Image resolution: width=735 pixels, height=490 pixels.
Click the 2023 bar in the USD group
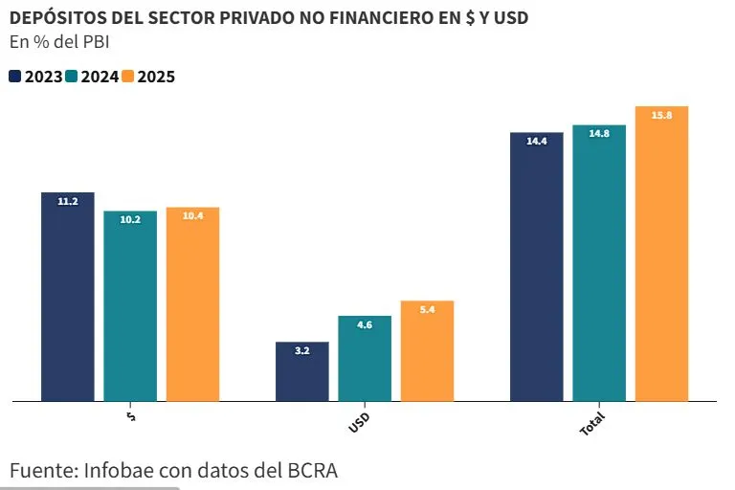pyautogui.click(x=301, y=371)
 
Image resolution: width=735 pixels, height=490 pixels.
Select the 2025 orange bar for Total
pyautogui.click(x=661, y=254)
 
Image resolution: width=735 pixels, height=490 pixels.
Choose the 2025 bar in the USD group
pyautogui.click(x=427, y=351)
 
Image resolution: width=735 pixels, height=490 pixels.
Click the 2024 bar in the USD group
pyautogui.click(x=365, y=358)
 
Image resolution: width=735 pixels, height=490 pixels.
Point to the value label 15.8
pyautogui.click(x=661, y=115)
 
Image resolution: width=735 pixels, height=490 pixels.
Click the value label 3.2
pyautogui.click(x=301, y=351)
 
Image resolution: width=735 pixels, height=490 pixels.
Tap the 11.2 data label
pyautogui.click(x=67, y=201)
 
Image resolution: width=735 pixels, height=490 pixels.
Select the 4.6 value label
pyautogui.click(x=365, y=325)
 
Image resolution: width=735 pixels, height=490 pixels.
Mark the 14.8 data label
pyautogui.click(x=599, y=134)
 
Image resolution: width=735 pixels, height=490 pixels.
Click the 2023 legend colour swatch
pyautogui.click(x=15, y=77)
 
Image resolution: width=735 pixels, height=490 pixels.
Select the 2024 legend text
pyautogui.click(x=100, y=77)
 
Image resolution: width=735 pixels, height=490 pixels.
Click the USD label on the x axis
pyautogui.click(x=360, y=422)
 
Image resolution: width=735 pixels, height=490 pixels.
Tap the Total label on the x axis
pyautogui.click(x=592, y=426)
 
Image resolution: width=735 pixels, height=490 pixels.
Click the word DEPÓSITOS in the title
pyautogui.click(x=56, y=16)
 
